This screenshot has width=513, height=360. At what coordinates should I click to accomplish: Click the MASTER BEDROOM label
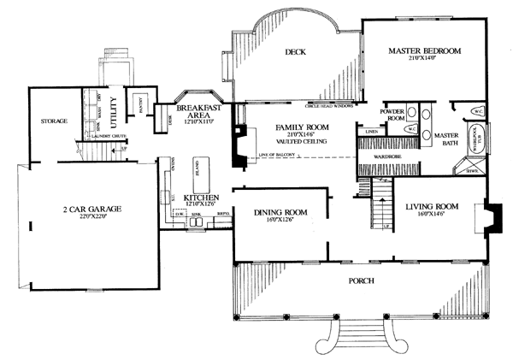pyautogui.click(x=424, y=51)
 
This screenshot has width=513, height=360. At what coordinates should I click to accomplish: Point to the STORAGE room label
pyautogui.click(x=54, y=121)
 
